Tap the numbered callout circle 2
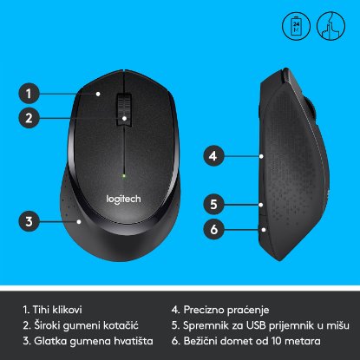click(x=29, y=118)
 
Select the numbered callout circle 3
click(x=29, y=221)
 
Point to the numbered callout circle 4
click(x=211, y=157)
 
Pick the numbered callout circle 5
click(x=211, y=205)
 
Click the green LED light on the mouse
click(x=126, y=178)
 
